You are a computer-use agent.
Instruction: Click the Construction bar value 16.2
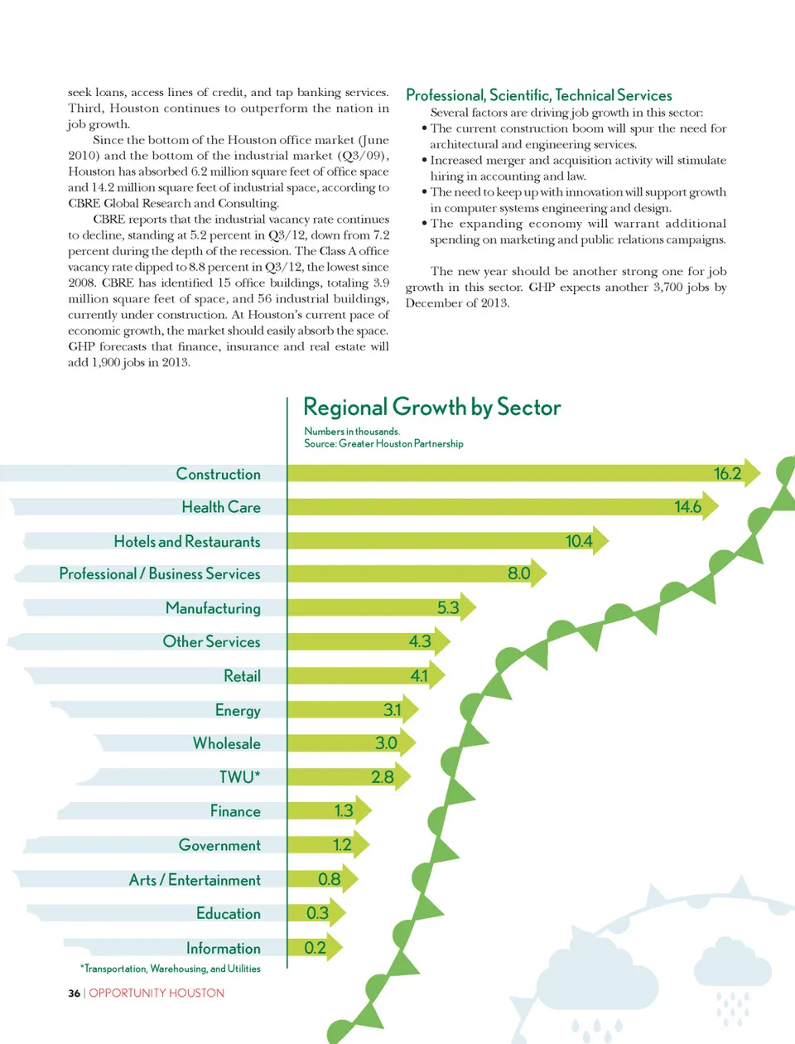tap(727, 474)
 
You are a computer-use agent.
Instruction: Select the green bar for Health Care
tap(480, 507)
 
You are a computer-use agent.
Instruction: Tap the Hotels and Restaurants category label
tap(187, 542)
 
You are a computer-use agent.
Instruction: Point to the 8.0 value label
tap(518, 573)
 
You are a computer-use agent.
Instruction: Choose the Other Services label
tap(211, 642)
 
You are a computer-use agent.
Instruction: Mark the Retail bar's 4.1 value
tap(419, 676)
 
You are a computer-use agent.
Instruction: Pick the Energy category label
tap(238, 711)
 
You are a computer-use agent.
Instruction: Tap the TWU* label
tap(239, 777)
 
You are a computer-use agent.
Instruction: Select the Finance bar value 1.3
tap(344, 811)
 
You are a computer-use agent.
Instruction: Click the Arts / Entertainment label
tap(195, 880)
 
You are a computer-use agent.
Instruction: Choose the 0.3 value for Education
tap(317, 913)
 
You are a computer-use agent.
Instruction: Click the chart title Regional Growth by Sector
tap(431, 408)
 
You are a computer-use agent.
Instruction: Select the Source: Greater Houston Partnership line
tap(383, 444)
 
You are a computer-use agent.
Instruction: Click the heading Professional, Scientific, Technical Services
tap(538, 95)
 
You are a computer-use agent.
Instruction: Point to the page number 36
tap(74, 993)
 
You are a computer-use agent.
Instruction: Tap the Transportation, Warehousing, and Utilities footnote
tap(171, 969)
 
